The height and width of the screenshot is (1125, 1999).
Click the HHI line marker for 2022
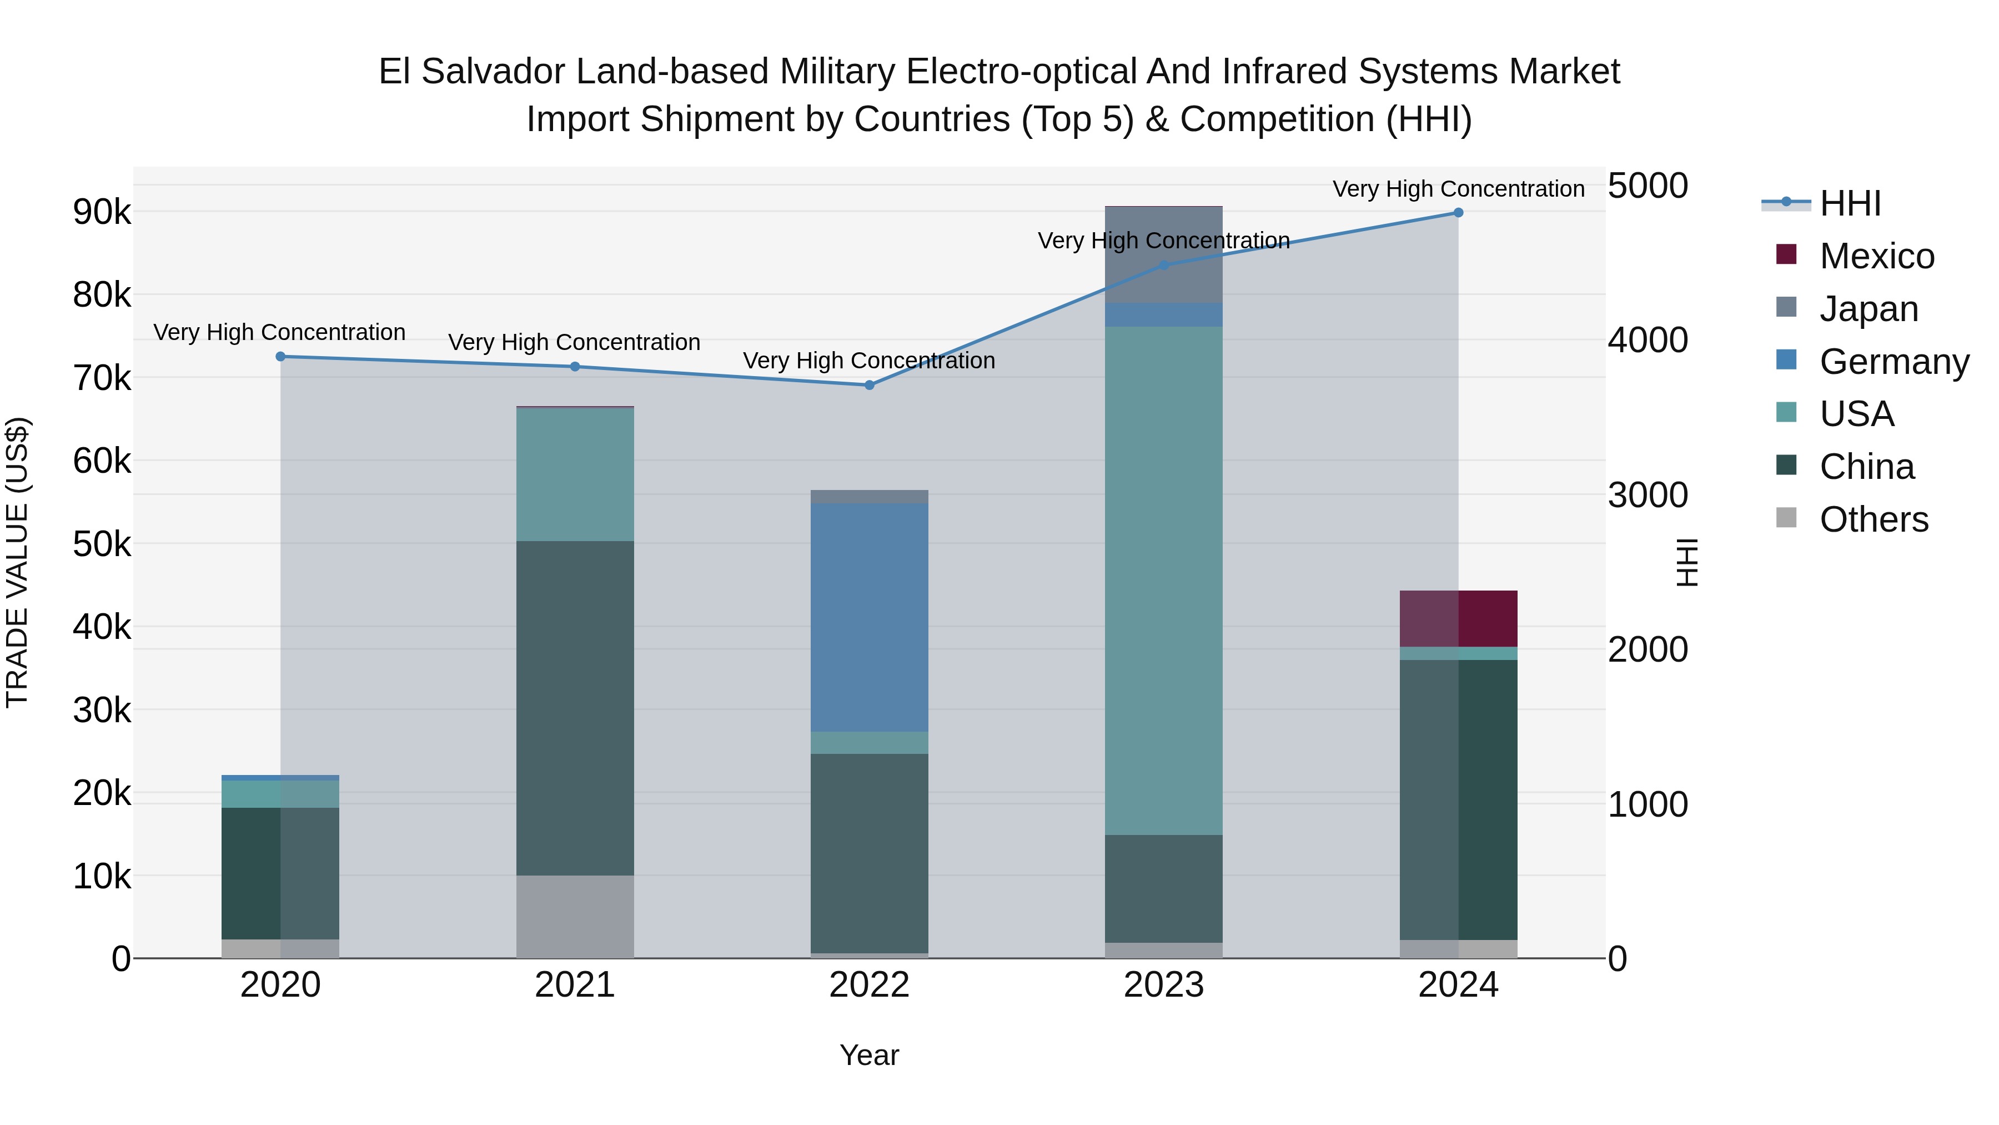tap(869, 385)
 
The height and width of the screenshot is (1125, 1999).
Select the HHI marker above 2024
tap(1458, 213)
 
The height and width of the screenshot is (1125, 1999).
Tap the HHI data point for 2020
tap(281, 356)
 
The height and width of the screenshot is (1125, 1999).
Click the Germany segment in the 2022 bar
tap(869, 617)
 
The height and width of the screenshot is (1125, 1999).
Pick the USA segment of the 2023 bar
tap(1163, 580)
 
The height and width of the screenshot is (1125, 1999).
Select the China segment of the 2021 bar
tap(575, 708)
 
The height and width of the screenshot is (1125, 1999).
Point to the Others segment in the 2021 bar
tap(575, 916)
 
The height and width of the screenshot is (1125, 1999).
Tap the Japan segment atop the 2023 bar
tap(1163, 254)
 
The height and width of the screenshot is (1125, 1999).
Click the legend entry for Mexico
tap(1876, 256)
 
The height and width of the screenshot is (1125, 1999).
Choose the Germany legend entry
tap(1893, 362)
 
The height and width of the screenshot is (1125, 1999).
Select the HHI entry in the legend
tap(1850, 203)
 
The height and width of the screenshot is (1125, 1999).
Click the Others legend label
tap(1874, 519)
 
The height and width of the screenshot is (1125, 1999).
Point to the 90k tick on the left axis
tap(102, 212)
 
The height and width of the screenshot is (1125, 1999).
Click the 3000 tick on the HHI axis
tap(1648, 496)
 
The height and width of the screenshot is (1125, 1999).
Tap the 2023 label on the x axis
tap(1163, 985)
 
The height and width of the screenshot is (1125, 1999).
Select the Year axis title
tap(869, 1055)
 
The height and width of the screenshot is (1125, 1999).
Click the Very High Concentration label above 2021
tap(574, 342)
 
